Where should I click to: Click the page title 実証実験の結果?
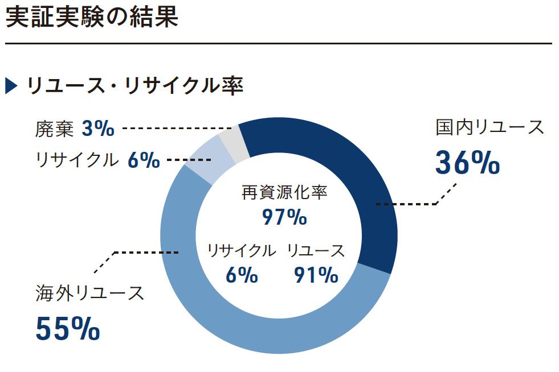(x=91, y=18)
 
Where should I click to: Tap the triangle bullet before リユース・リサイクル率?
(x=12, y=86)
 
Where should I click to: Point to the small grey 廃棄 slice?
(x=233, y=142)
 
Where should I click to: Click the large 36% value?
(x=467, y=163)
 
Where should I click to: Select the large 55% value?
(x=68, y=328)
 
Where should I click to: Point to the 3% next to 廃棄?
(x=98, y=129)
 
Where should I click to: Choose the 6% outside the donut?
(x=144, y=160)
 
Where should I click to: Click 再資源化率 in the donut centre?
(x=284, y=193)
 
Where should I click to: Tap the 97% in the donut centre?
(x=284, y=217)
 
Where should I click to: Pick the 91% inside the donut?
(x=316, y=276)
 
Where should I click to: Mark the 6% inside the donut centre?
(x=242, y=276)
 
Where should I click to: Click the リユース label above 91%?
(x=316, y=250)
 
